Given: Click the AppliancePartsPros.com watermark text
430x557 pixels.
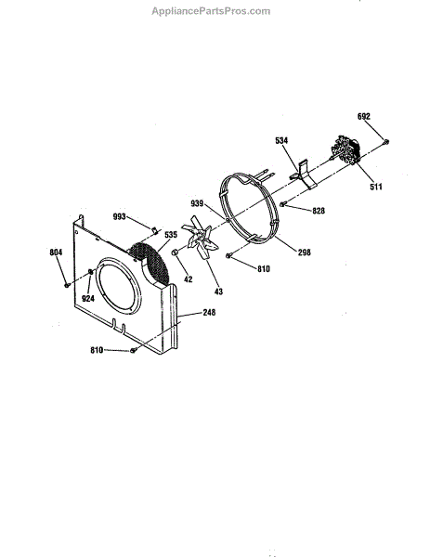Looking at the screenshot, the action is click(x=211, y=11).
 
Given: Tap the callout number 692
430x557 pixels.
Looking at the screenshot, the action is click(x=363, y=117).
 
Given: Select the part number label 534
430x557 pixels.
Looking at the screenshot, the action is click(x=281, y=141).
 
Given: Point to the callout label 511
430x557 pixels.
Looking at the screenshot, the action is click(x=375, y=187).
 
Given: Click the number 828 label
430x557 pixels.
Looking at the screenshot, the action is click(x=319, y=211).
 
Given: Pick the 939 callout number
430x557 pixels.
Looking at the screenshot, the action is click(x=197, y=203).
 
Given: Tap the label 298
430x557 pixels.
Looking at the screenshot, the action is click(x=305, y=253).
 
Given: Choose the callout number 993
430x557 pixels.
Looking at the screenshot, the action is click(x=120, y=216).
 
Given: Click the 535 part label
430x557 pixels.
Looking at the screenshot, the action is click(x=171, y=235).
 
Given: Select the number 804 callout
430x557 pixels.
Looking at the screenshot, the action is click(x=56, y=253).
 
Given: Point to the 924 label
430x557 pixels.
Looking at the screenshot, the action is click(x=88, y=298).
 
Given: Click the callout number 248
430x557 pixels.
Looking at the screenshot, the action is click(x=209, y=312).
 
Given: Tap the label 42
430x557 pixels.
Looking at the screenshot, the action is click(x=189, y=279).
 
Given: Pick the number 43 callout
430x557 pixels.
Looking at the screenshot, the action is click(x=218, y=291).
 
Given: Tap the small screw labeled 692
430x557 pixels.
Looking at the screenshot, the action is click(x=386, y=142).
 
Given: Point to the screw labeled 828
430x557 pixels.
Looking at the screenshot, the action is click(x=283, y=204).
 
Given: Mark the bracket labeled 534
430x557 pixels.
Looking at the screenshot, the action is click(x=305, y=175).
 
